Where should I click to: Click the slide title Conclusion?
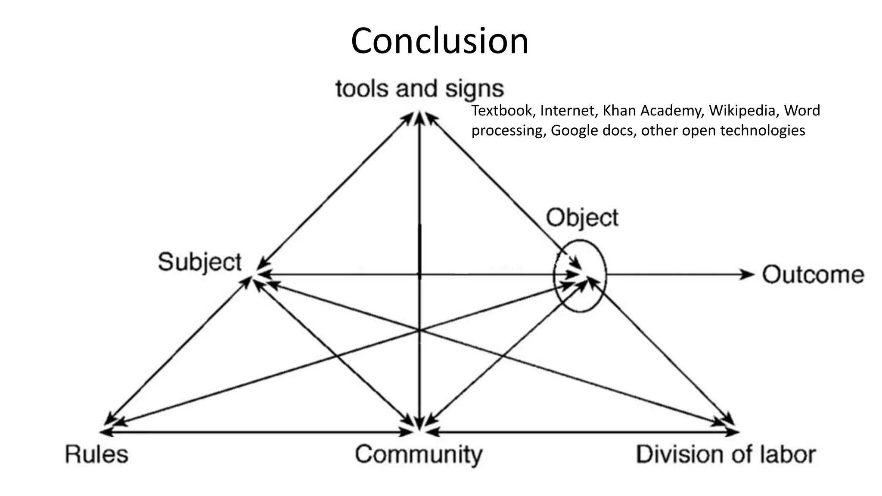pyautogui.click(x=440, y=41)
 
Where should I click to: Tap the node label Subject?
pyautogui.click(x=199, y=262)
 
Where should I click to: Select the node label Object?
pyautogui.click(x=582, y=218)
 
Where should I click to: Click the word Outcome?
pyautogui.click(x=813, y=275)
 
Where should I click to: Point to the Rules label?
pyautogui.click(x=96, y=454)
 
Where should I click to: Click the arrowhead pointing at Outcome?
pyautogui.click(x=748, y=274)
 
